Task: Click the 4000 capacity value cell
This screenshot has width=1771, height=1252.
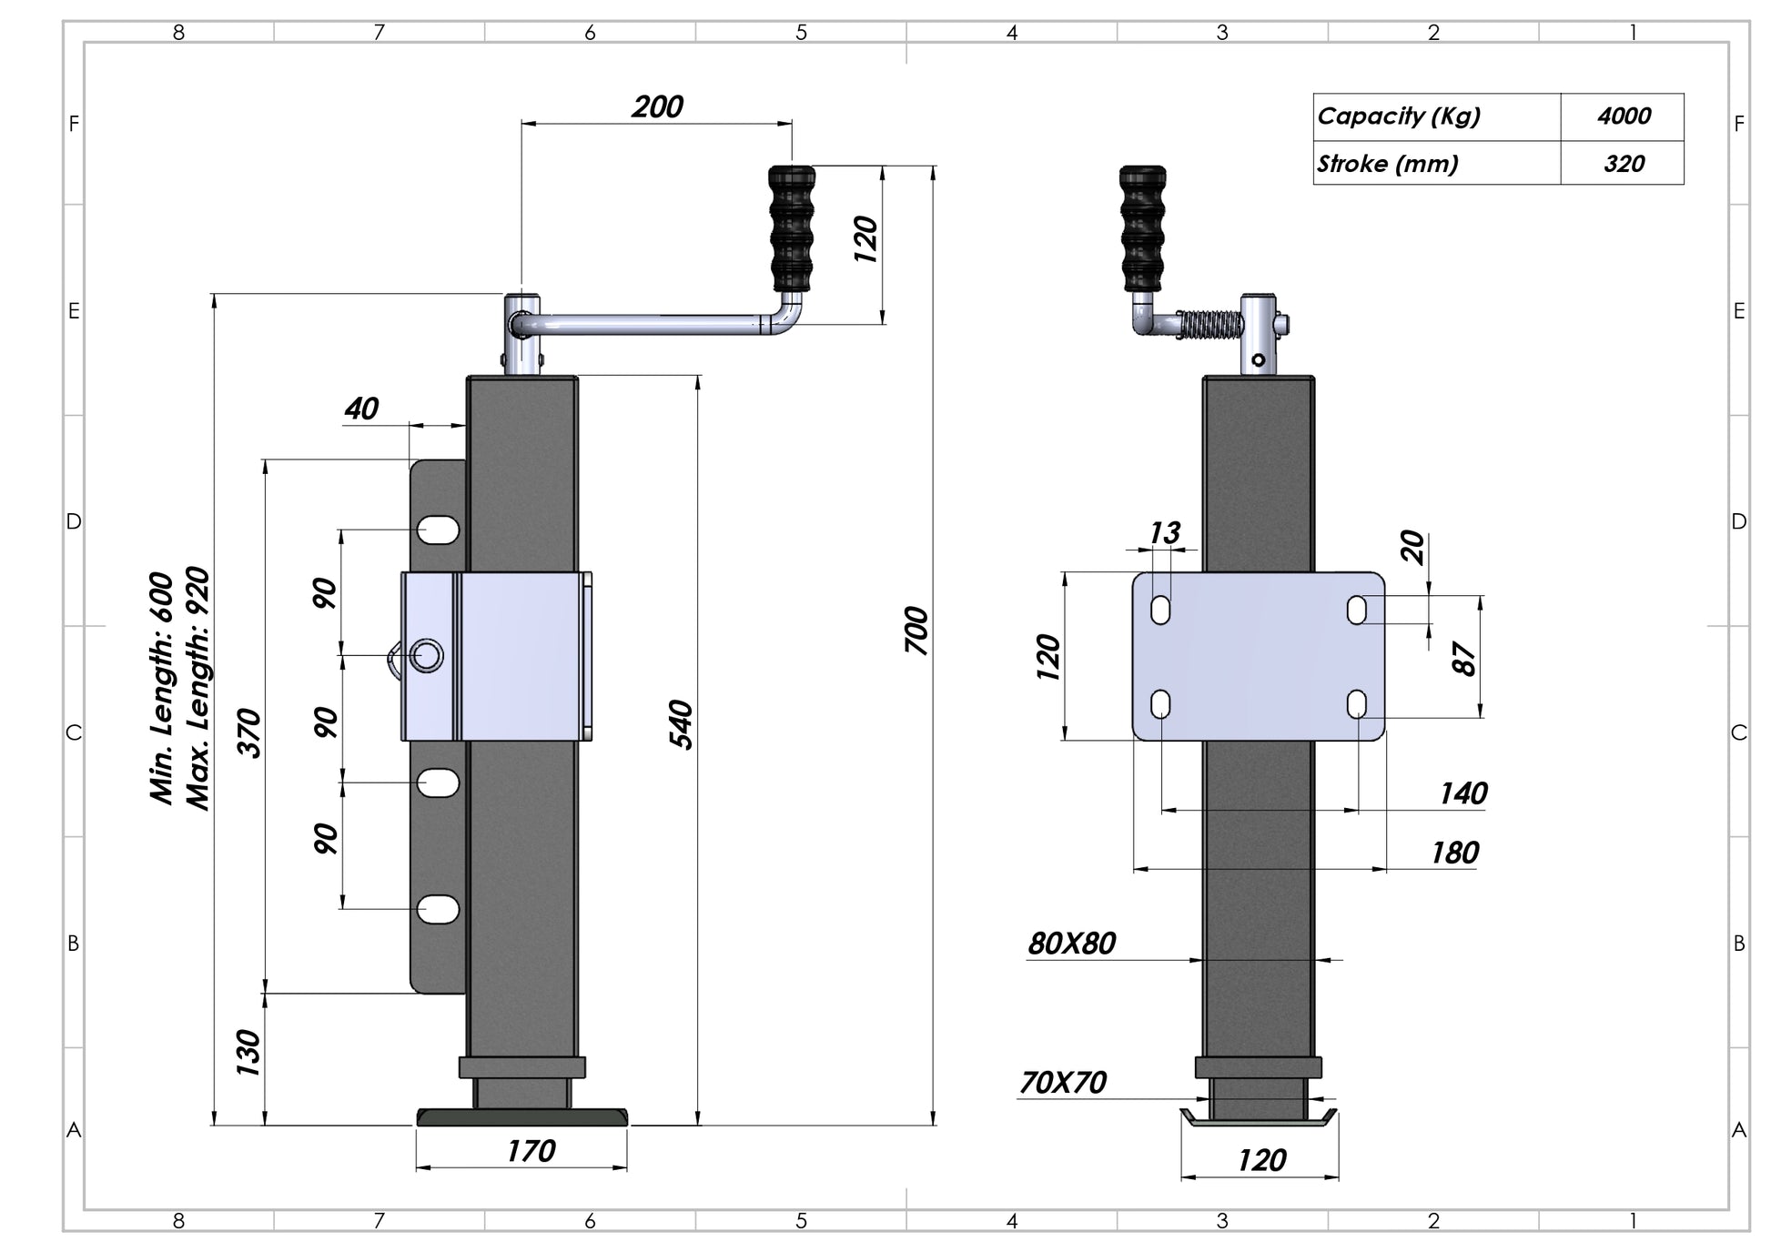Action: pyautogui.click(x=1623, y=116)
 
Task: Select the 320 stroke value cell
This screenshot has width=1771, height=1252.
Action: pyautogui.click(x=1623, y=164)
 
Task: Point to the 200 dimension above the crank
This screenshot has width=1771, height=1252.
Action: pyautogui.click(x=657, y=107)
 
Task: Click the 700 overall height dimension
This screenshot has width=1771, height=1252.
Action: pyautogui.click(x=916, y=630)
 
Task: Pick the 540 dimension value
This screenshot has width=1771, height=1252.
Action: pyautogui.click(x=681, y=724)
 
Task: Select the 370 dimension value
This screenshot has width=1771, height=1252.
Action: pyautogui.click(x=248, y=732)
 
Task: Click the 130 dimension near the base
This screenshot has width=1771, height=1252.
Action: pyautogui.click(x=248, y=1053)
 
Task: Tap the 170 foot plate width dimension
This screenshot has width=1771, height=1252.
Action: pyautogui.click(x=531, y=1151)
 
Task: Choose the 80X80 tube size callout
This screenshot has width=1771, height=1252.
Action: pyautogui.click(x=1071, y=944)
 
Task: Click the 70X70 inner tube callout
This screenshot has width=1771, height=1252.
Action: pyautogui.click(x=1062, y=1083)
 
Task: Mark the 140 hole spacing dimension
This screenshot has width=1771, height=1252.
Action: pyautogui.click(x=1462, y=793)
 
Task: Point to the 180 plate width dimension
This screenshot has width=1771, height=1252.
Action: pyautogui.click(x=1454, y=853)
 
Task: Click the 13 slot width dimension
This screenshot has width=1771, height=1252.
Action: pyautogui.click(x=1165, y=532)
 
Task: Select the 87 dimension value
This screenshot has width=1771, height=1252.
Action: pyautogui.click(x=1463, y=658)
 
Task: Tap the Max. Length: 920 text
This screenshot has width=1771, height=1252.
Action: pyautogui.click(x=197, y=688)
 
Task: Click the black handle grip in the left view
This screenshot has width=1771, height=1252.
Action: pyautogui.click(x=792, y=227)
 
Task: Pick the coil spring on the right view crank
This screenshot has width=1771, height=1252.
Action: pyautogui.click(x=1210, y=324)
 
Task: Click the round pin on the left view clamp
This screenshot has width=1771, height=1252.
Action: pyautogui.click(x=426, y=655)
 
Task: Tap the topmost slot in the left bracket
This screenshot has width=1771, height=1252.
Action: pyautogui.click(x=439, y=530)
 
